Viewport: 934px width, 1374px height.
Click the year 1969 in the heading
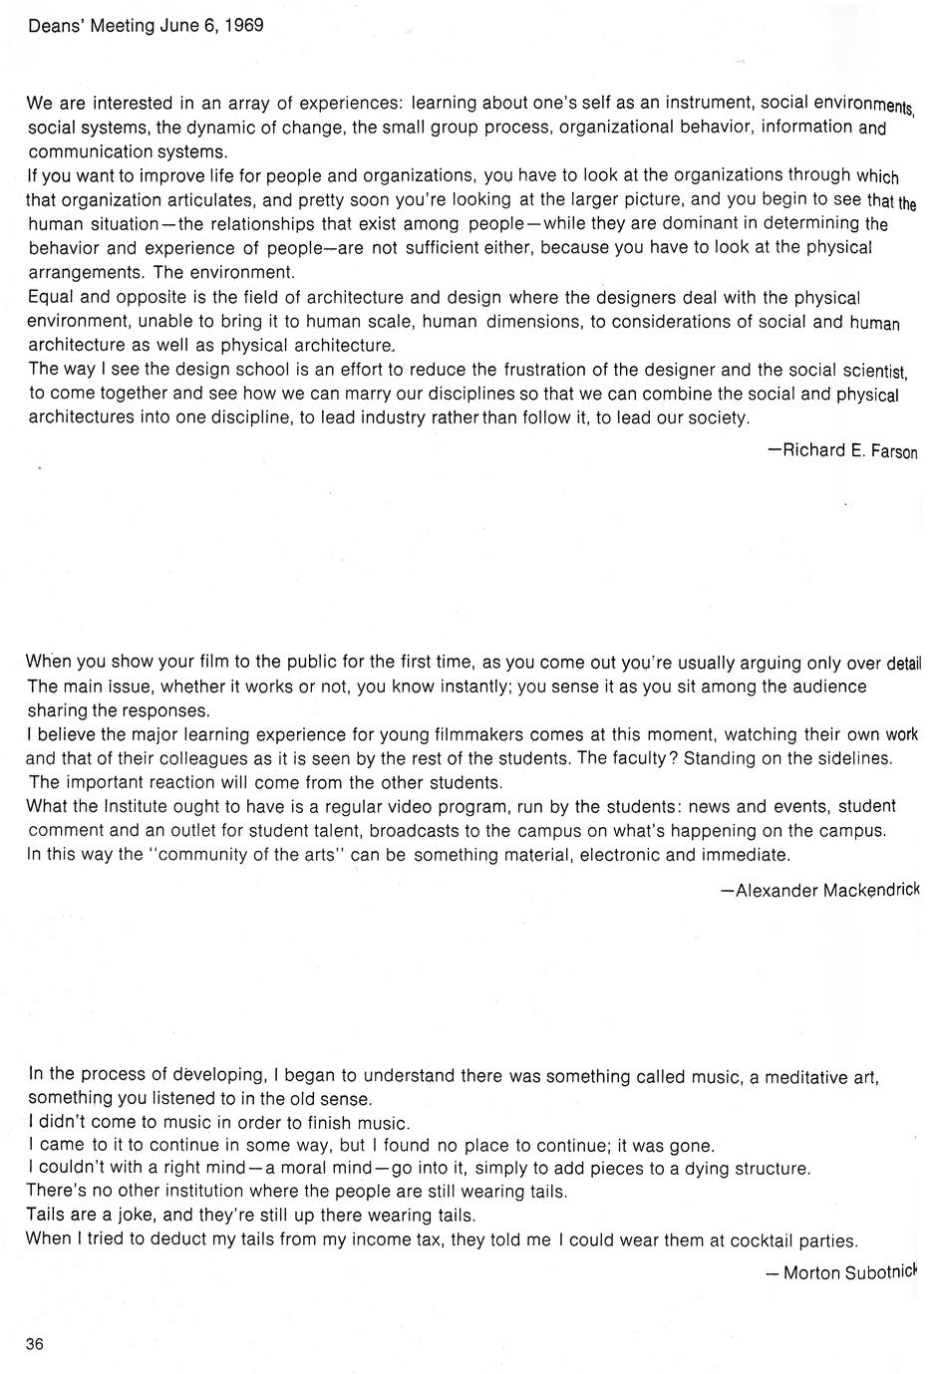point(244,26)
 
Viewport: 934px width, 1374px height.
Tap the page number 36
point(36,1344)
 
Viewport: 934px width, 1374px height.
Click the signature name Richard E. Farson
point(842,451)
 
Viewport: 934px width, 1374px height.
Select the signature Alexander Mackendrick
point(819,890)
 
